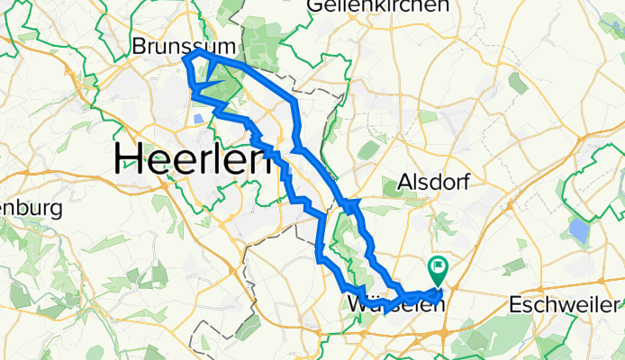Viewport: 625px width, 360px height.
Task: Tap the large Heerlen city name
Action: point(194,160)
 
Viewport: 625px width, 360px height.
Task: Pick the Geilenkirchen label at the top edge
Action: point(377,6)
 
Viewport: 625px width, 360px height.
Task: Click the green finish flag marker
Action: point(438,267)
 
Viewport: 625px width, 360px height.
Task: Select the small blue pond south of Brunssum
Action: point(197,118)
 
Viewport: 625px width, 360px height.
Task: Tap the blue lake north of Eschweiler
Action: point(578,232)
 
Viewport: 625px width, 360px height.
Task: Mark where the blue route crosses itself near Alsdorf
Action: point(350,206)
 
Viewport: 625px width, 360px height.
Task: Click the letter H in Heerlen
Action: point(127,160)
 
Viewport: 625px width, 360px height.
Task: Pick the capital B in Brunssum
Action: point(139,45)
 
